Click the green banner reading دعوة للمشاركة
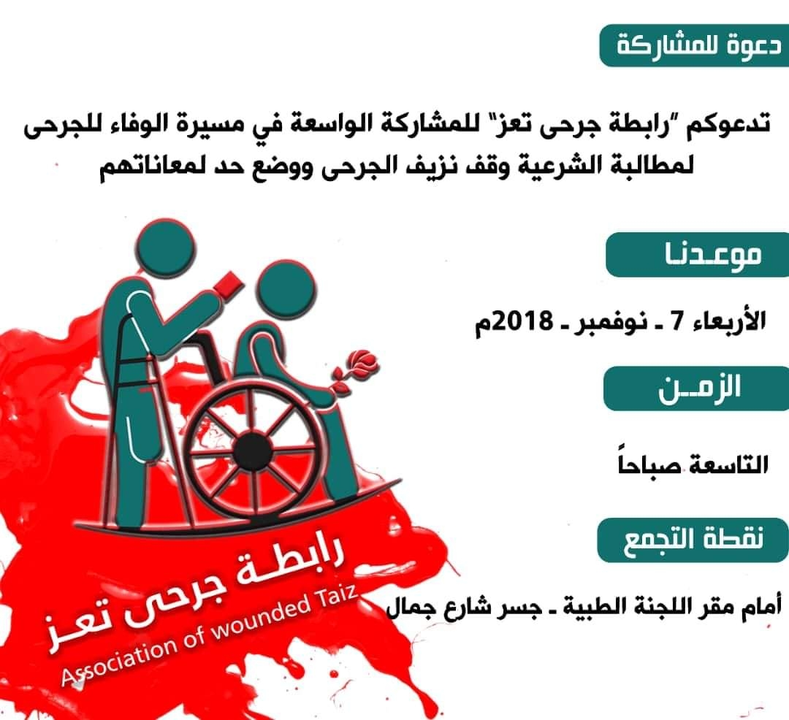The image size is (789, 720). click(x=695, y=45)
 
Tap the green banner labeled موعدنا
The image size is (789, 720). click(x=698, y=255)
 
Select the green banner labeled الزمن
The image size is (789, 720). click(x=696, y=388)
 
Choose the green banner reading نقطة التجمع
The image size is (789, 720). click(x=693, y=540)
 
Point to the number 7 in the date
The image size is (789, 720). click(x=678, y=321)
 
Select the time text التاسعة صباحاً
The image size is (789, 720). click(x=693, y=463)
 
